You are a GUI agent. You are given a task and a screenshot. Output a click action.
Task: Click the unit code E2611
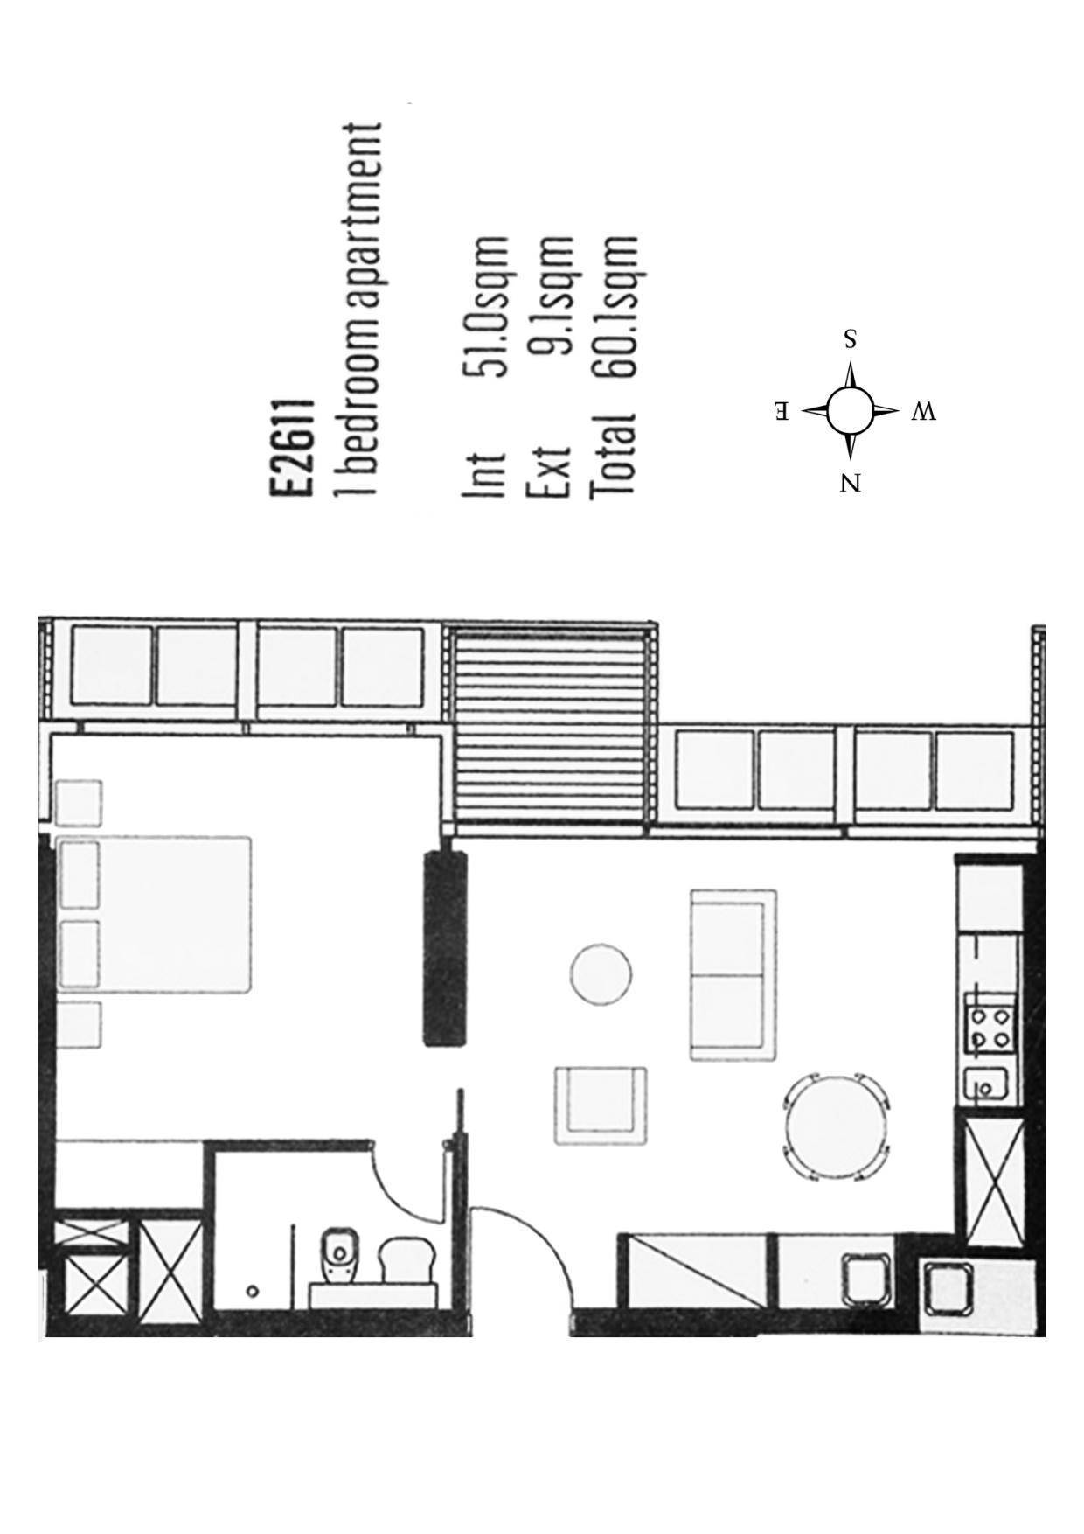point(291,447)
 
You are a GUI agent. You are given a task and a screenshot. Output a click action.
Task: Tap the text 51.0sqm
point(486,306)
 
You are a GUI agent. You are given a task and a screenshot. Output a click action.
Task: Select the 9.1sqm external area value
point(551,295)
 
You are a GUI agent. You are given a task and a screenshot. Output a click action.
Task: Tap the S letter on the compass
point(849,338)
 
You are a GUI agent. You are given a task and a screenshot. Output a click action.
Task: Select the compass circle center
point(849,410)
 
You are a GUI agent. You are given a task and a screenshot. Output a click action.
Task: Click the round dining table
point(834,1126)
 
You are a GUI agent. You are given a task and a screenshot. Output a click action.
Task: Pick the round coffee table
point(601,974)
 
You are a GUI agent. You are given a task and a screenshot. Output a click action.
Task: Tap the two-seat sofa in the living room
point(733,975)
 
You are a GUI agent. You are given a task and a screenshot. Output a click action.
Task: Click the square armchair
point(601,1105)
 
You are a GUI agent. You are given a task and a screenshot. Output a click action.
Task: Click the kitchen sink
point(988,1088)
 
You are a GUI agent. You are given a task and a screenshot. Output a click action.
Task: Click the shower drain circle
point(253,1291)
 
